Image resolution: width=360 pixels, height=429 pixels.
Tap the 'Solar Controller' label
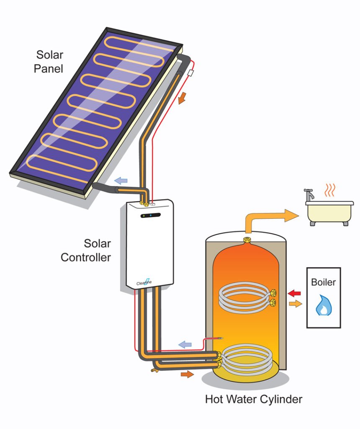click(x=86, y=250)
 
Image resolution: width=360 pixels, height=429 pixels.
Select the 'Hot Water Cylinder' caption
click(x=253, y=399)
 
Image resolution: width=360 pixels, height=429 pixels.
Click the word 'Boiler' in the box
click(x=323, y=282)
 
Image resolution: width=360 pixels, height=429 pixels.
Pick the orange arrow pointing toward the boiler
click(x=295, y=304)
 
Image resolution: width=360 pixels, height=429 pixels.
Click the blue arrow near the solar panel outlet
click(x=121, y=181)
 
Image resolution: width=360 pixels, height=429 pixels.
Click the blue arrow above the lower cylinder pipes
click(x=185, y=344)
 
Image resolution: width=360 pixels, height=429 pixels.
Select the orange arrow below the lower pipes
click(x=187, y=374)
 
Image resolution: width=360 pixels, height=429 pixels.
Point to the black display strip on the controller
click(x=150, y=216)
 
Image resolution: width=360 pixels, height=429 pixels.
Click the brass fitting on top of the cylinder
click(x=247, y=240)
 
